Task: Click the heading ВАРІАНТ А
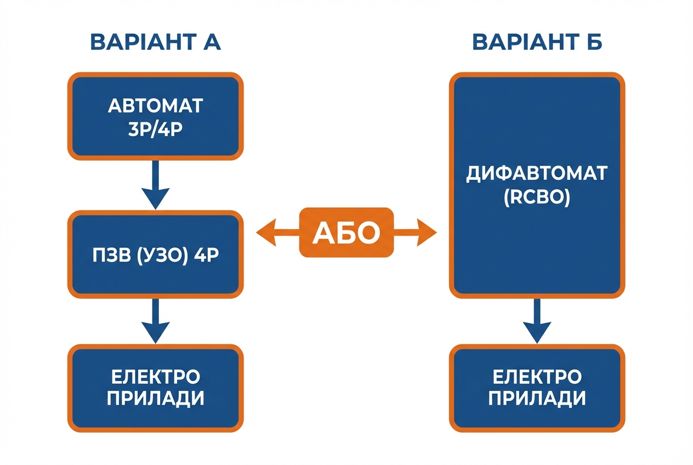pyautogui.click(x=155, y=42)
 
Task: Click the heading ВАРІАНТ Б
pyautogui.click(x=537, y=42)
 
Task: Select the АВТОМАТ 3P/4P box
pyautogui.click(x=155, y=116)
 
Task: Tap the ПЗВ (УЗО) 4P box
pyautogui.click(x=155, y=254)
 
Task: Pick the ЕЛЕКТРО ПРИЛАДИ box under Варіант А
pyautogui.click(x=155, y=388)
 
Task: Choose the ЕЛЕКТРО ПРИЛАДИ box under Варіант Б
pyautogui.click(x=537, y=388)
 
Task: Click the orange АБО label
pyautogui.click(x=346, y=233)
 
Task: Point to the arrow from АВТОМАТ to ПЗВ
pyautogui.click(x=155, y=185)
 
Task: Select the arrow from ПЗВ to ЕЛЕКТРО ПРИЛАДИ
pyautogui.click(x=155, y=322)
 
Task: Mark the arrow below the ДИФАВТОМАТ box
pyautogui.click(x=537, y=322)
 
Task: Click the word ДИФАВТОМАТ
pyautogui.click(x=537, y=174)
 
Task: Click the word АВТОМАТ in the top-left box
pyautogui.click(x=155, y=105)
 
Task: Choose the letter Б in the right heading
pyautogui.click(x=593, y=42)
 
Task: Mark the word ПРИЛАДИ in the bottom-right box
pyautogui.click(x=537, y=399)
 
